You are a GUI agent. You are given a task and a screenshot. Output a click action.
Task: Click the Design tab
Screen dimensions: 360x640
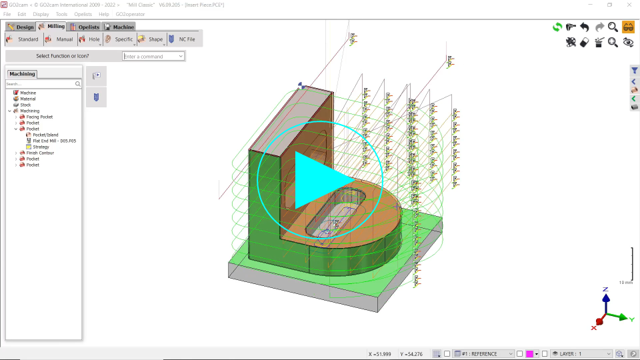[x=21, y=27]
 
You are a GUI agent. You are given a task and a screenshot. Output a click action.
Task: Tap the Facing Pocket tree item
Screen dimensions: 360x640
[x=40, y=117]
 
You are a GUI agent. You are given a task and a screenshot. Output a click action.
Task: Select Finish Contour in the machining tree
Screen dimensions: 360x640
[x=40, y=153]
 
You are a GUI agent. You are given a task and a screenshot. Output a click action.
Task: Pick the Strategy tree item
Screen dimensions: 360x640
[x=41, y=147]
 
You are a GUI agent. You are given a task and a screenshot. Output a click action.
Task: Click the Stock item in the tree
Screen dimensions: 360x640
[x=25, y=105]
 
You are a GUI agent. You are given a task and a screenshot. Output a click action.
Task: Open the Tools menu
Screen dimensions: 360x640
[x=61, y=14]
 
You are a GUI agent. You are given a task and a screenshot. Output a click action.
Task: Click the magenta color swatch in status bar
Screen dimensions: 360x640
[x=529, y=353]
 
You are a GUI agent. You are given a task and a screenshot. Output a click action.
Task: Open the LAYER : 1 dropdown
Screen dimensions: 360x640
[x=581, y=353]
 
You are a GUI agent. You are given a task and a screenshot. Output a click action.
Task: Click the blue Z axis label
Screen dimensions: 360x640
[x=605, y=289]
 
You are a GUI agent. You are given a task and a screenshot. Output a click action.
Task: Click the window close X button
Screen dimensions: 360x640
[x=628, y=5]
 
